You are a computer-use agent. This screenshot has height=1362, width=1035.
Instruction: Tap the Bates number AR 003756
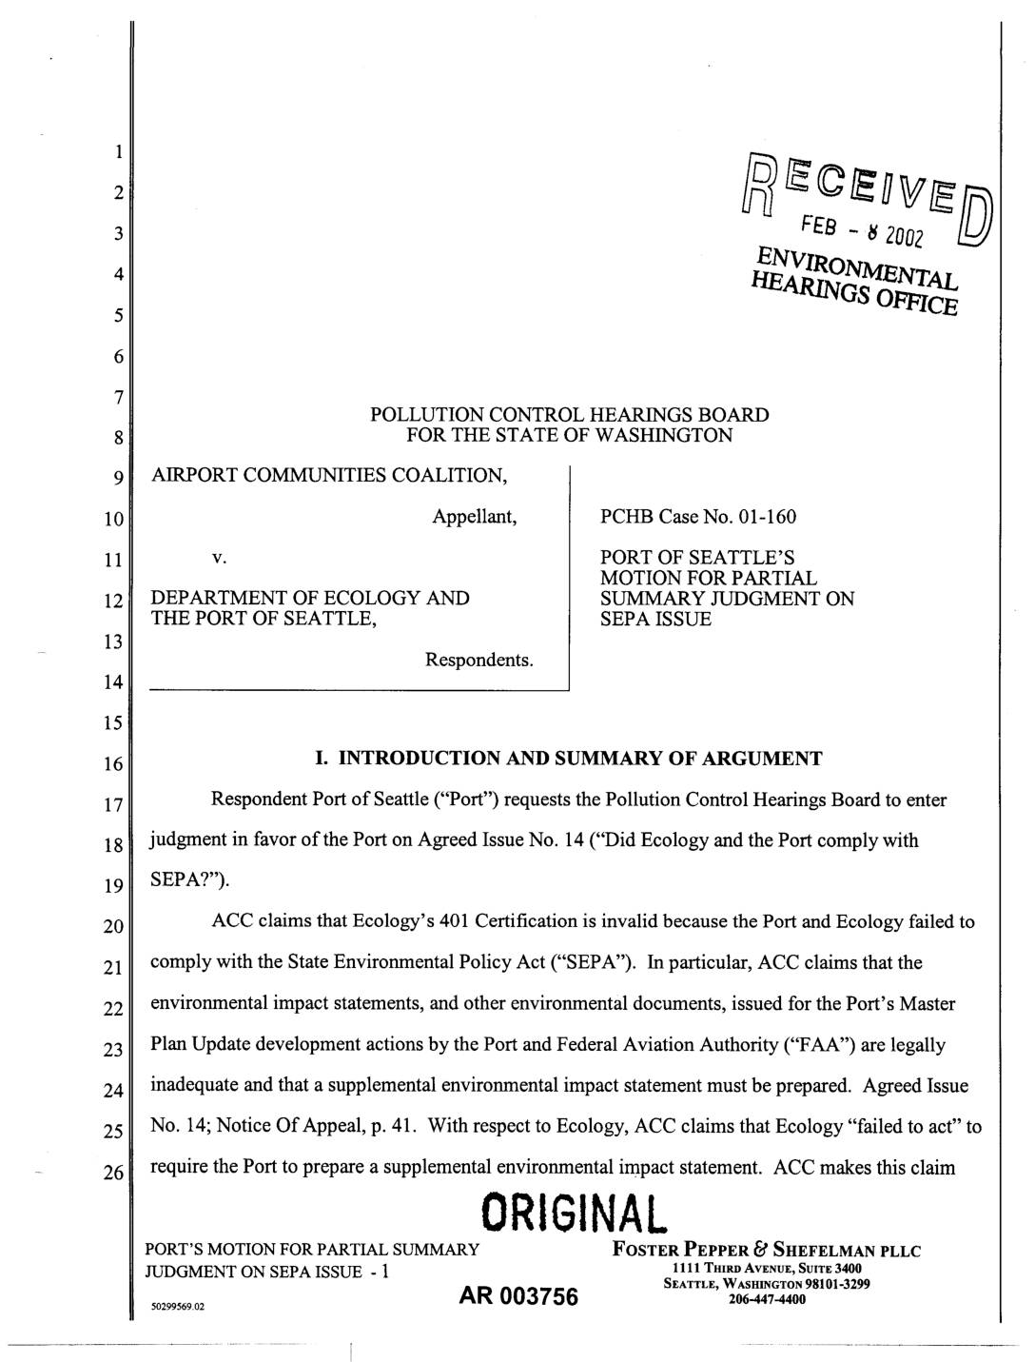click(x=518, y=1296)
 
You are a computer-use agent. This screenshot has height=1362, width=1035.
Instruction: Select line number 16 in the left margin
click(x=113, y=764)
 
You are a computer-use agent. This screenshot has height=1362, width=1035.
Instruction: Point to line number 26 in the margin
click(x=113, y=1173)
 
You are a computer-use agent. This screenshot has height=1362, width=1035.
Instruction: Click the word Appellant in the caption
click(x=475, y=517)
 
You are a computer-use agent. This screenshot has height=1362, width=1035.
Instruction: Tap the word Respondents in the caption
click(x=479, y=660)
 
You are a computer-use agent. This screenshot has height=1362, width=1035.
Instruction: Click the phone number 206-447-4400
click(x=767, y=1298)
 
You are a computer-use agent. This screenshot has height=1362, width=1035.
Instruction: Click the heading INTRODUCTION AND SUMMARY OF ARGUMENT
click(x=580, y=759)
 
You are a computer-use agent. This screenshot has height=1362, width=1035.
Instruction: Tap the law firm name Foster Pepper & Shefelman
click(x=767, y=1250)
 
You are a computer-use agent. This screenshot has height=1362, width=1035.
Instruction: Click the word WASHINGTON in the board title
click(x=673, y=436)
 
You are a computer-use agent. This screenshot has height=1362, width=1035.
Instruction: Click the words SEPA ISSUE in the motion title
click(x=655, y=619)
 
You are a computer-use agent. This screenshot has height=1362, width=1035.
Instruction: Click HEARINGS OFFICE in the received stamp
click(x=852, y=290)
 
